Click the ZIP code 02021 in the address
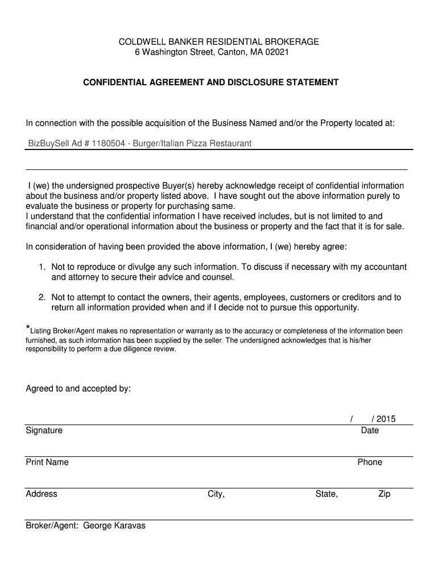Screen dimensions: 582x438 coord(277,52)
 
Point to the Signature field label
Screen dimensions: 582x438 coord(44,430)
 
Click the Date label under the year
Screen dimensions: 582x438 coord(370,430)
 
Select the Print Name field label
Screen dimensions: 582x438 coord(47,462)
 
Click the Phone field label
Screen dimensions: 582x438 coord(370,462)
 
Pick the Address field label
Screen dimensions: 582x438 coord(42,494)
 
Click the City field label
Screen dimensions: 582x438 coord(216,494)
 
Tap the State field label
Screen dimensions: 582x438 coord(327,494)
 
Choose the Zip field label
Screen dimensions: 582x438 coord(385,494)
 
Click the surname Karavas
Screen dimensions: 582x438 coord(129,526)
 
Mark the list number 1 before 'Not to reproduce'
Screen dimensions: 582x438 coord(42,267)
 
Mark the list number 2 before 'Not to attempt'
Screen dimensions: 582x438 coord(42,297)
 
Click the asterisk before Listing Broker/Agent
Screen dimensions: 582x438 coord(28,329)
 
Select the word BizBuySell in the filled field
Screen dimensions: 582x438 coord(48,143)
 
